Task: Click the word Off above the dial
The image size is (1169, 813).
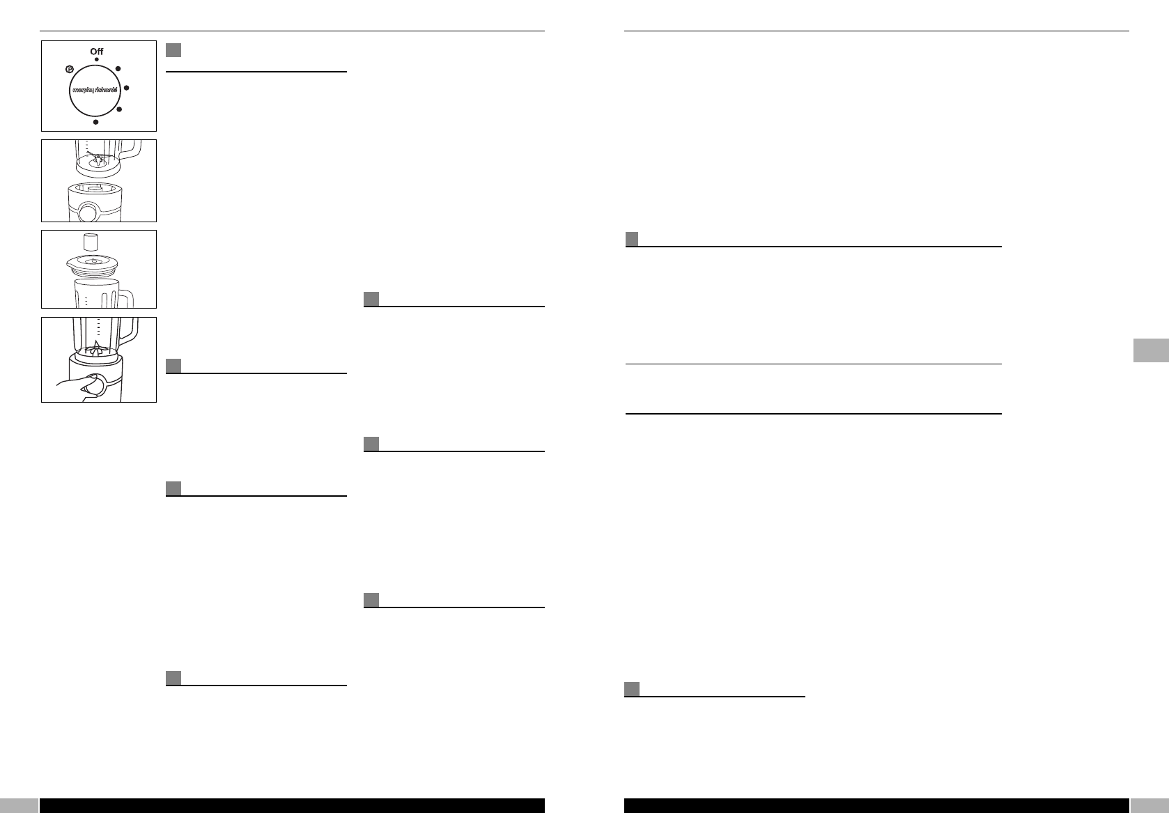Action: click(96, 51)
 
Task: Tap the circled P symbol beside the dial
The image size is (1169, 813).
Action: click(70, 69)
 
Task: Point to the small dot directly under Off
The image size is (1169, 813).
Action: click(96, 60)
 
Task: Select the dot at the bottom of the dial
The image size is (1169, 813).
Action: click(96, 122)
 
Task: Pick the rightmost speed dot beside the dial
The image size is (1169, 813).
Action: click(127, 88)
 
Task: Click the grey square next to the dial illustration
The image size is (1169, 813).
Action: click(173, 50)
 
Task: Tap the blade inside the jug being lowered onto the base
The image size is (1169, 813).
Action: click(98, 160)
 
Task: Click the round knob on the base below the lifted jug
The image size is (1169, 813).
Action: click(87, 211)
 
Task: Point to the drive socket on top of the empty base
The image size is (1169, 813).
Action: click(98, 188)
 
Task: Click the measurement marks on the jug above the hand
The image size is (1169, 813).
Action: click(99, 327)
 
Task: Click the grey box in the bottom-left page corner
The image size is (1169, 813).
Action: click(19, 805)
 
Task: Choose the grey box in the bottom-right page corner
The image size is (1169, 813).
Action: click(1149, 805)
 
